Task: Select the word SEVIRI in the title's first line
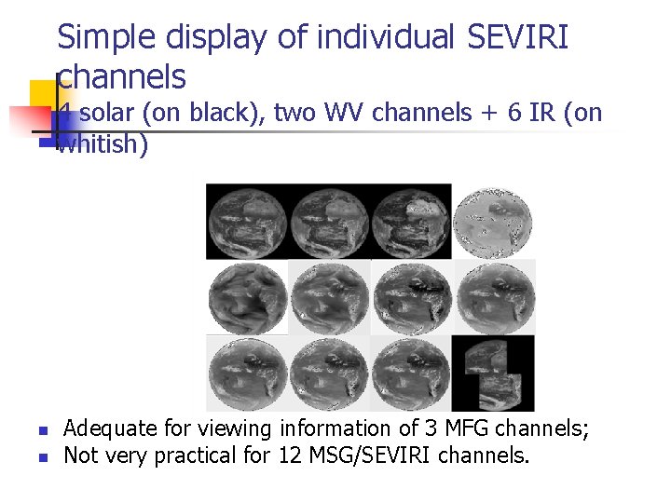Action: pos(518,38)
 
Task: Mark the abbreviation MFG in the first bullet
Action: pos(460,429)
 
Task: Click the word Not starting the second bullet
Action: pos(81,455)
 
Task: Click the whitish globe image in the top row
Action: pos(494,221)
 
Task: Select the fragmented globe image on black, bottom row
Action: pos(494,373)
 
